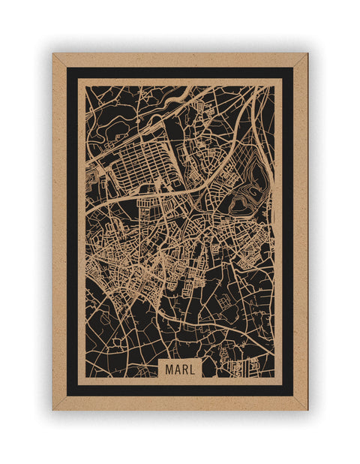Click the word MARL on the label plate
pos(180,369)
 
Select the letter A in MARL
pos(177,369)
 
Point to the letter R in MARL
pos(184,369)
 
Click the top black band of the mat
pos(180,73)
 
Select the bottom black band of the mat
pos(180,390)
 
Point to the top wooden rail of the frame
pos(180,60)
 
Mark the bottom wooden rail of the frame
pos(180,403)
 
